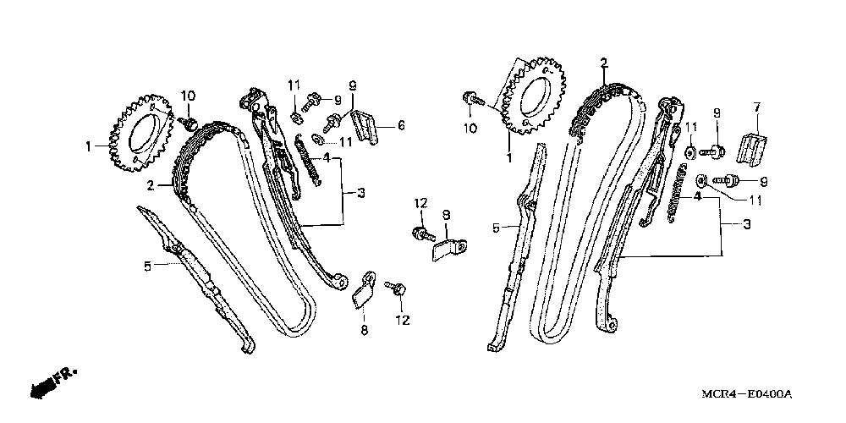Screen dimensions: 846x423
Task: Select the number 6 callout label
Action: (x=400, y=125)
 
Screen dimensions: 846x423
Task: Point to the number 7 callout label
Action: (x=757, y=107)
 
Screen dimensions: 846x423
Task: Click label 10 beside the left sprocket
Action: (x=187, y=94)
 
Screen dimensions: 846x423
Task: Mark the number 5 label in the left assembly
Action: (x=147, y=266)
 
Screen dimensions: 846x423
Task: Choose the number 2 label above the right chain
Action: (x=604, y=63)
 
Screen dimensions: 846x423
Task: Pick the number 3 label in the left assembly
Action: (x=360, y=194)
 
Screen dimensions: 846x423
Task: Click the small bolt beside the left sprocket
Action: (x=191, y=124)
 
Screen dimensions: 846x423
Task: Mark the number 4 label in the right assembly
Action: (x=699, y=196)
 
